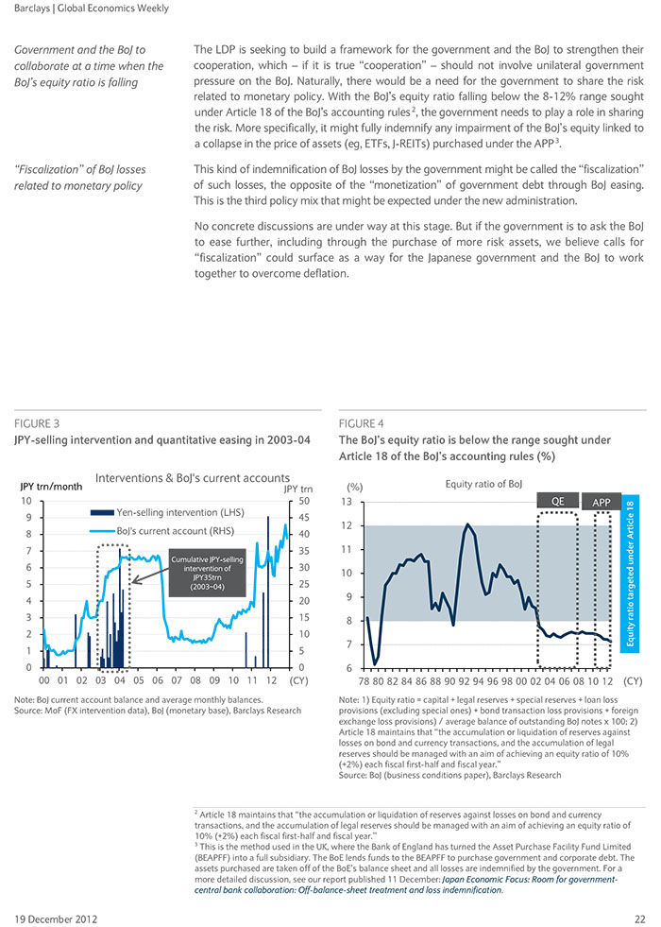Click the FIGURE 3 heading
[x=37, y=423]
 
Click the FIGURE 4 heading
[x=361, y=423]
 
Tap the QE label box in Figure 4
[x=558, y=502]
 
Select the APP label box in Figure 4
[x=602, y=502]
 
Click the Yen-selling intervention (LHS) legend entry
[x=167, y=512]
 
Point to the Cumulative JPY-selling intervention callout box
[x=207, y=573]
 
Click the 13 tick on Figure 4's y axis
[x=347, y=502]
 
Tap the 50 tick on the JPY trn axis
[x=304, y=501]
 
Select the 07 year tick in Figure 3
[x=177, y=680]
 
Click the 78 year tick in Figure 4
[x=365, y=681]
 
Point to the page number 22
[x=640, y=919]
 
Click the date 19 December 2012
[x=56, y=919]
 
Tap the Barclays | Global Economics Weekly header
[x=92, y=9]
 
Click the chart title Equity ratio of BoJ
[x=483, y=484]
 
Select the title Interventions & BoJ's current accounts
[x=193, y=478]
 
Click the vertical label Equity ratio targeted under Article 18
[x=630, y=574]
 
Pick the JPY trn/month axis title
[x=51, y=487]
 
